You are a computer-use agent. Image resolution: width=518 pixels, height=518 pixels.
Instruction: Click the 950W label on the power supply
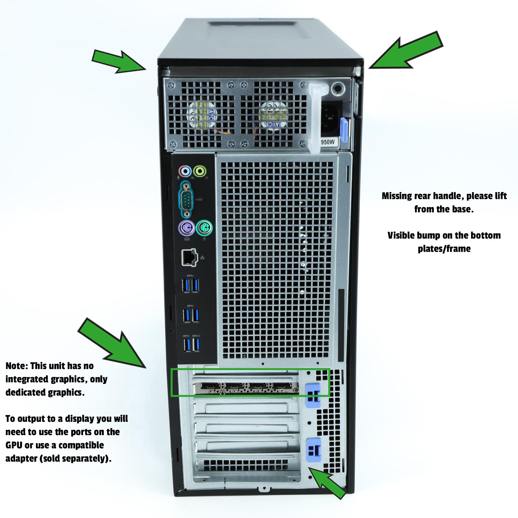328,142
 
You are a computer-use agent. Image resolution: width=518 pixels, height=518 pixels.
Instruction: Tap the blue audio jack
185,171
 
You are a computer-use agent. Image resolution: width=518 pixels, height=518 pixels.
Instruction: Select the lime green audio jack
200,171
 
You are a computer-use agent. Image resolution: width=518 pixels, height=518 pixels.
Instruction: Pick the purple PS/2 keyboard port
186,229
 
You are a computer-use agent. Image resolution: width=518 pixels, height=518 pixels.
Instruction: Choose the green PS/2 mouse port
204,229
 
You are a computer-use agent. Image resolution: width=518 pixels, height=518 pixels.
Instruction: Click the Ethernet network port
189,257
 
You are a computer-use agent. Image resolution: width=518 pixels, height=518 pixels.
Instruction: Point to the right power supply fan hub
274,115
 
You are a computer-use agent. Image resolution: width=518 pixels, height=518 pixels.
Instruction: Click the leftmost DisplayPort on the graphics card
210,386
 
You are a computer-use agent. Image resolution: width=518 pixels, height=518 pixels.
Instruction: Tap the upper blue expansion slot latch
313,395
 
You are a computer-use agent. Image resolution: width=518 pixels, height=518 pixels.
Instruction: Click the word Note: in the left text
17,366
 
